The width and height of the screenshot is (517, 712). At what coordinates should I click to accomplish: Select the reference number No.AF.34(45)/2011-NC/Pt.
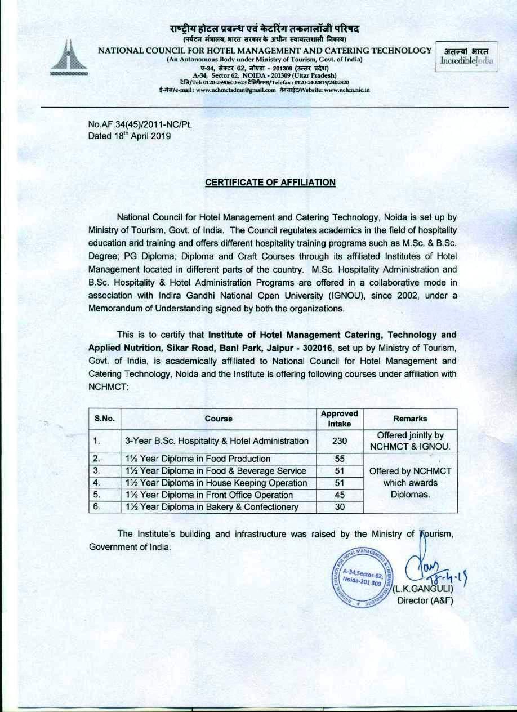(137, 124)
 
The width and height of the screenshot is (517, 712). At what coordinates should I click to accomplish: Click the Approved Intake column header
(339, 418)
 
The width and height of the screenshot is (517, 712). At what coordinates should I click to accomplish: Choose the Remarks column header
(411, 419)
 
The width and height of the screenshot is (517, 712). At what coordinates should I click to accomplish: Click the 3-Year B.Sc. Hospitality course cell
(217, 441)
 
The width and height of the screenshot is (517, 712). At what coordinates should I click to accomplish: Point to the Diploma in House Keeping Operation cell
(217, 483)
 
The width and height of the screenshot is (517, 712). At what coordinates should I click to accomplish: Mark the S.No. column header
(104, 419)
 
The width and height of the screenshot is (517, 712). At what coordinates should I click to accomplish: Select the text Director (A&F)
(425, 600)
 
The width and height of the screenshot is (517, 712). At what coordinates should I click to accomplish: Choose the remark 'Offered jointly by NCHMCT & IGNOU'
(411, 441)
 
